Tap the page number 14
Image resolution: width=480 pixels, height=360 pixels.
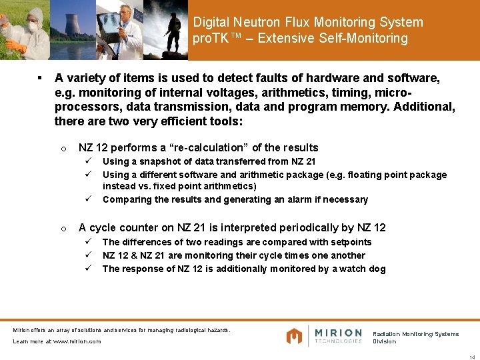coord(472,357)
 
